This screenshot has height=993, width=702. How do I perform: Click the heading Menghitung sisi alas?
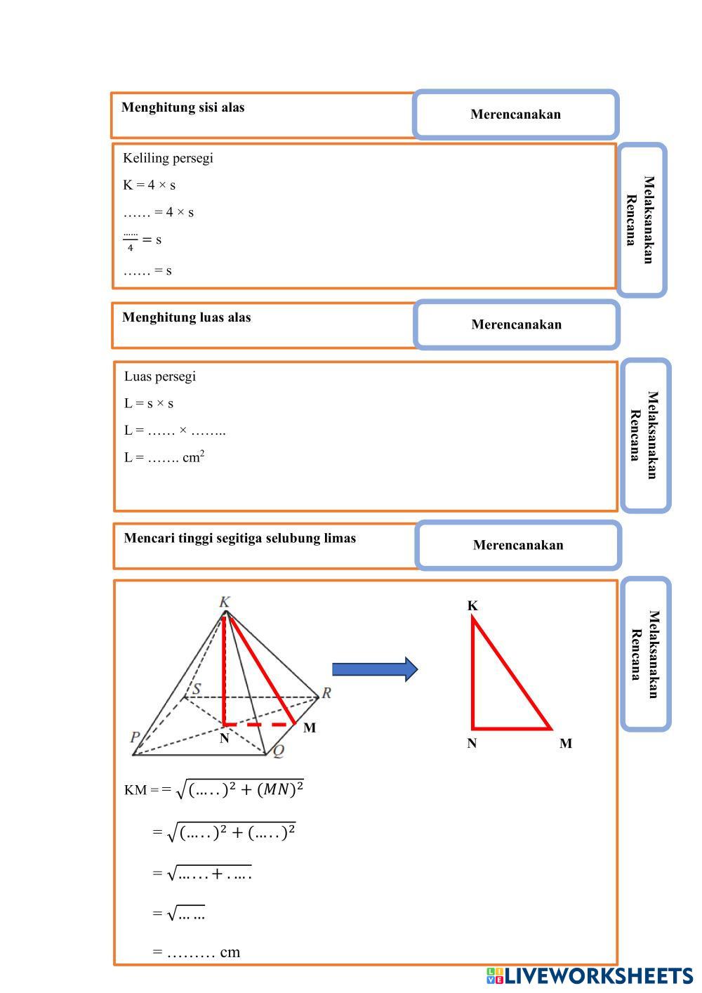tap(183, 107)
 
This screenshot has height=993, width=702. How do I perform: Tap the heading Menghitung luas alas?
tap(186, 317)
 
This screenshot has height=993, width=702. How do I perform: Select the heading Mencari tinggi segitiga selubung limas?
tap(239, 539)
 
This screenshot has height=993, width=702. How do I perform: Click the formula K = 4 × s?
tap(149, 185)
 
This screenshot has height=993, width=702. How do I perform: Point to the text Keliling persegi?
tap(168, 158)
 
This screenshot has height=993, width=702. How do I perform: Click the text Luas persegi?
tap(160, 376)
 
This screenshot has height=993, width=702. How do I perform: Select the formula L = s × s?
tap(149, 404)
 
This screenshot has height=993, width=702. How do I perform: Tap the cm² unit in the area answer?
tap(193, 457)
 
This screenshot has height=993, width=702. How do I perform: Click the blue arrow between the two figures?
tap(374, 669)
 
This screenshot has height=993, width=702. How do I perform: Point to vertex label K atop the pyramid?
tap(225, 602)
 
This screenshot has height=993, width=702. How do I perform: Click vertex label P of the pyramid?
tap(135, 737)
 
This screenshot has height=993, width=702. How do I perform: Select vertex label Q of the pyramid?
tap(278, 751)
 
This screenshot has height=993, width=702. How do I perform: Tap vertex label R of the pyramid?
tap(326, 693)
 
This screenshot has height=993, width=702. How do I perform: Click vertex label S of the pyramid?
tap(196, 688)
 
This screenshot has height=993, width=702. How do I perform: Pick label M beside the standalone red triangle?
tap(565, 744)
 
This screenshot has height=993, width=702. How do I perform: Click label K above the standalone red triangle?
tap(472, 605)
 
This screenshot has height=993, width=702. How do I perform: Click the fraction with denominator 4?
tap(131, 241)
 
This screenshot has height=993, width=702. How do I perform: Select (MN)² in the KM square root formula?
tap(280, 789)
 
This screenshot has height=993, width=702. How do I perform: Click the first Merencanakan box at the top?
tap(515, 114)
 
